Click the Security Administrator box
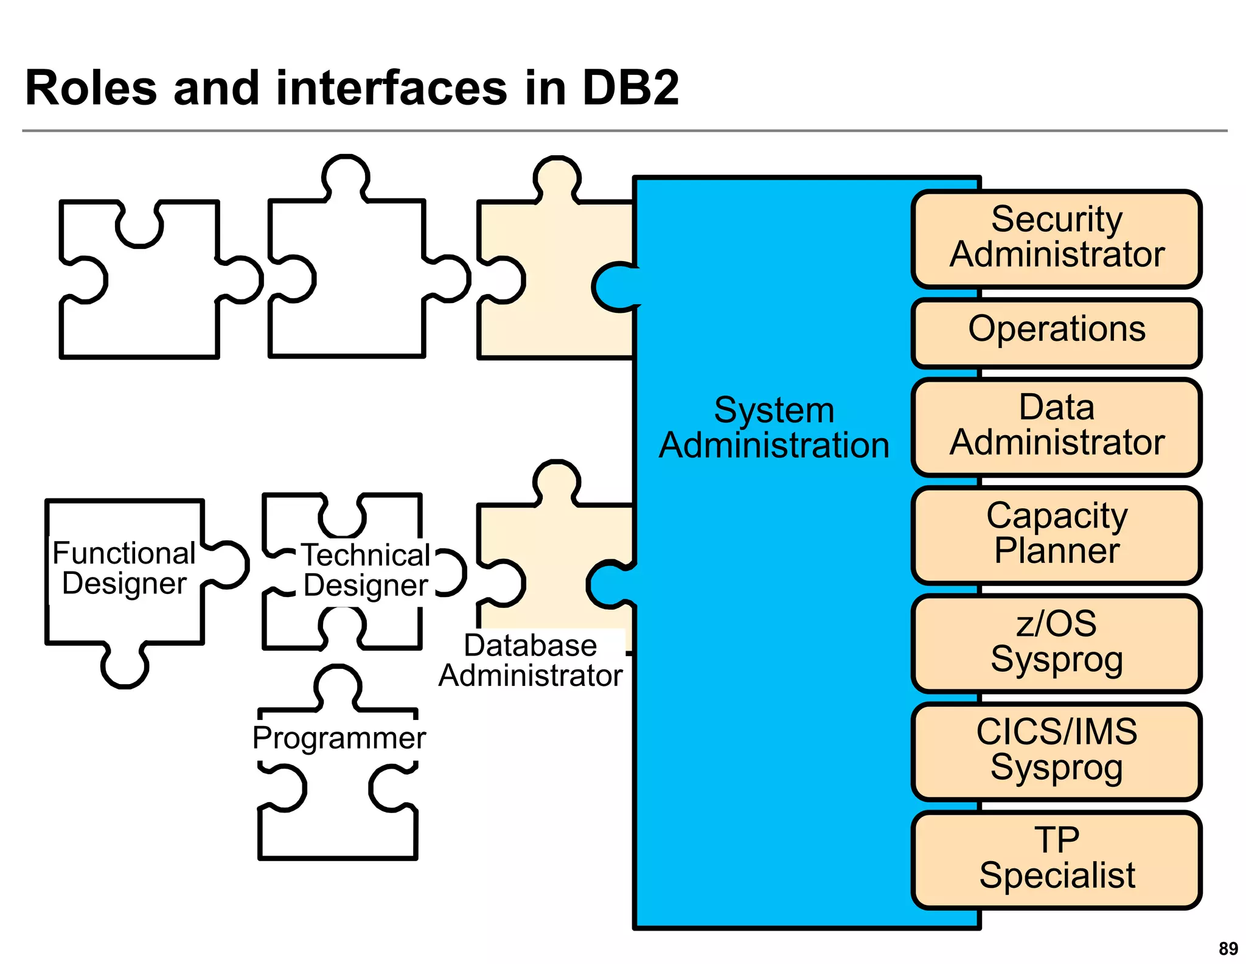1056,238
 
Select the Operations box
1056,332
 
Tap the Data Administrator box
1056,425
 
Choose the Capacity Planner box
1056,534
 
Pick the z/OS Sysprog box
1056,642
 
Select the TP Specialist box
1056,858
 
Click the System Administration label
774,427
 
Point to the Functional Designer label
124,568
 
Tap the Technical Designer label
366,570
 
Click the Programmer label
339,738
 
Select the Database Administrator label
531,660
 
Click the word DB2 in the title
630,88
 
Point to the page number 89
1228,948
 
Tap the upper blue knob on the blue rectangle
614,287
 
